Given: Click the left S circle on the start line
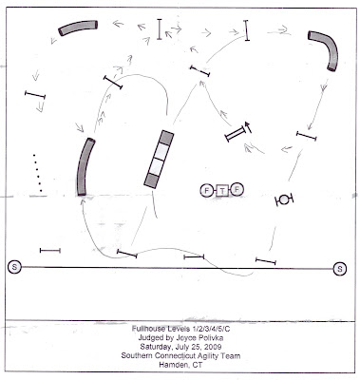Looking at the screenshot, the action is point(14,267).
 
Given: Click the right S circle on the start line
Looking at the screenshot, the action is point(340,269).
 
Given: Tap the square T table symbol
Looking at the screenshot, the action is point(222,191).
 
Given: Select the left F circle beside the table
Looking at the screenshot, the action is point(207,191).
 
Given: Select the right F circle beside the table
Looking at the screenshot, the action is point(237,190).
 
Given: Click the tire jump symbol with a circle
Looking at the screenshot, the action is point(284,199).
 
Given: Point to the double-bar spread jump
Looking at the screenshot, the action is point(236,133).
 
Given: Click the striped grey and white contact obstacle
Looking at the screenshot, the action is point(159,160).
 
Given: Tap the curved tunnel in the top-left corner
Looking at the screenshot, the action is point(78,28).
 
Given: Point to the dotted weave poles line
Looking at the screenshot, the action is point(37,173).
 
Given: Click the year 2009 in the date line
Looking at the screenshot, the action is point(214,347).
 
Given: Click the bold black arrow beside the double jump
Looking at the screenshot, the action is point(248,127).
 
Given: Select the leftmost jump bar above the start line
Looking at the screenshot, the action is point(50,251).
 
